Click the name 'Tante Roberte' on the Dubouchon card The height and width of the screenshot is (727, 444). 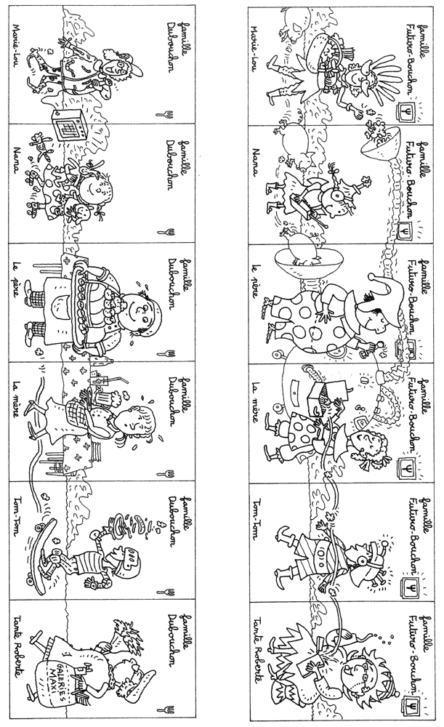(x=16, y=654)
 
